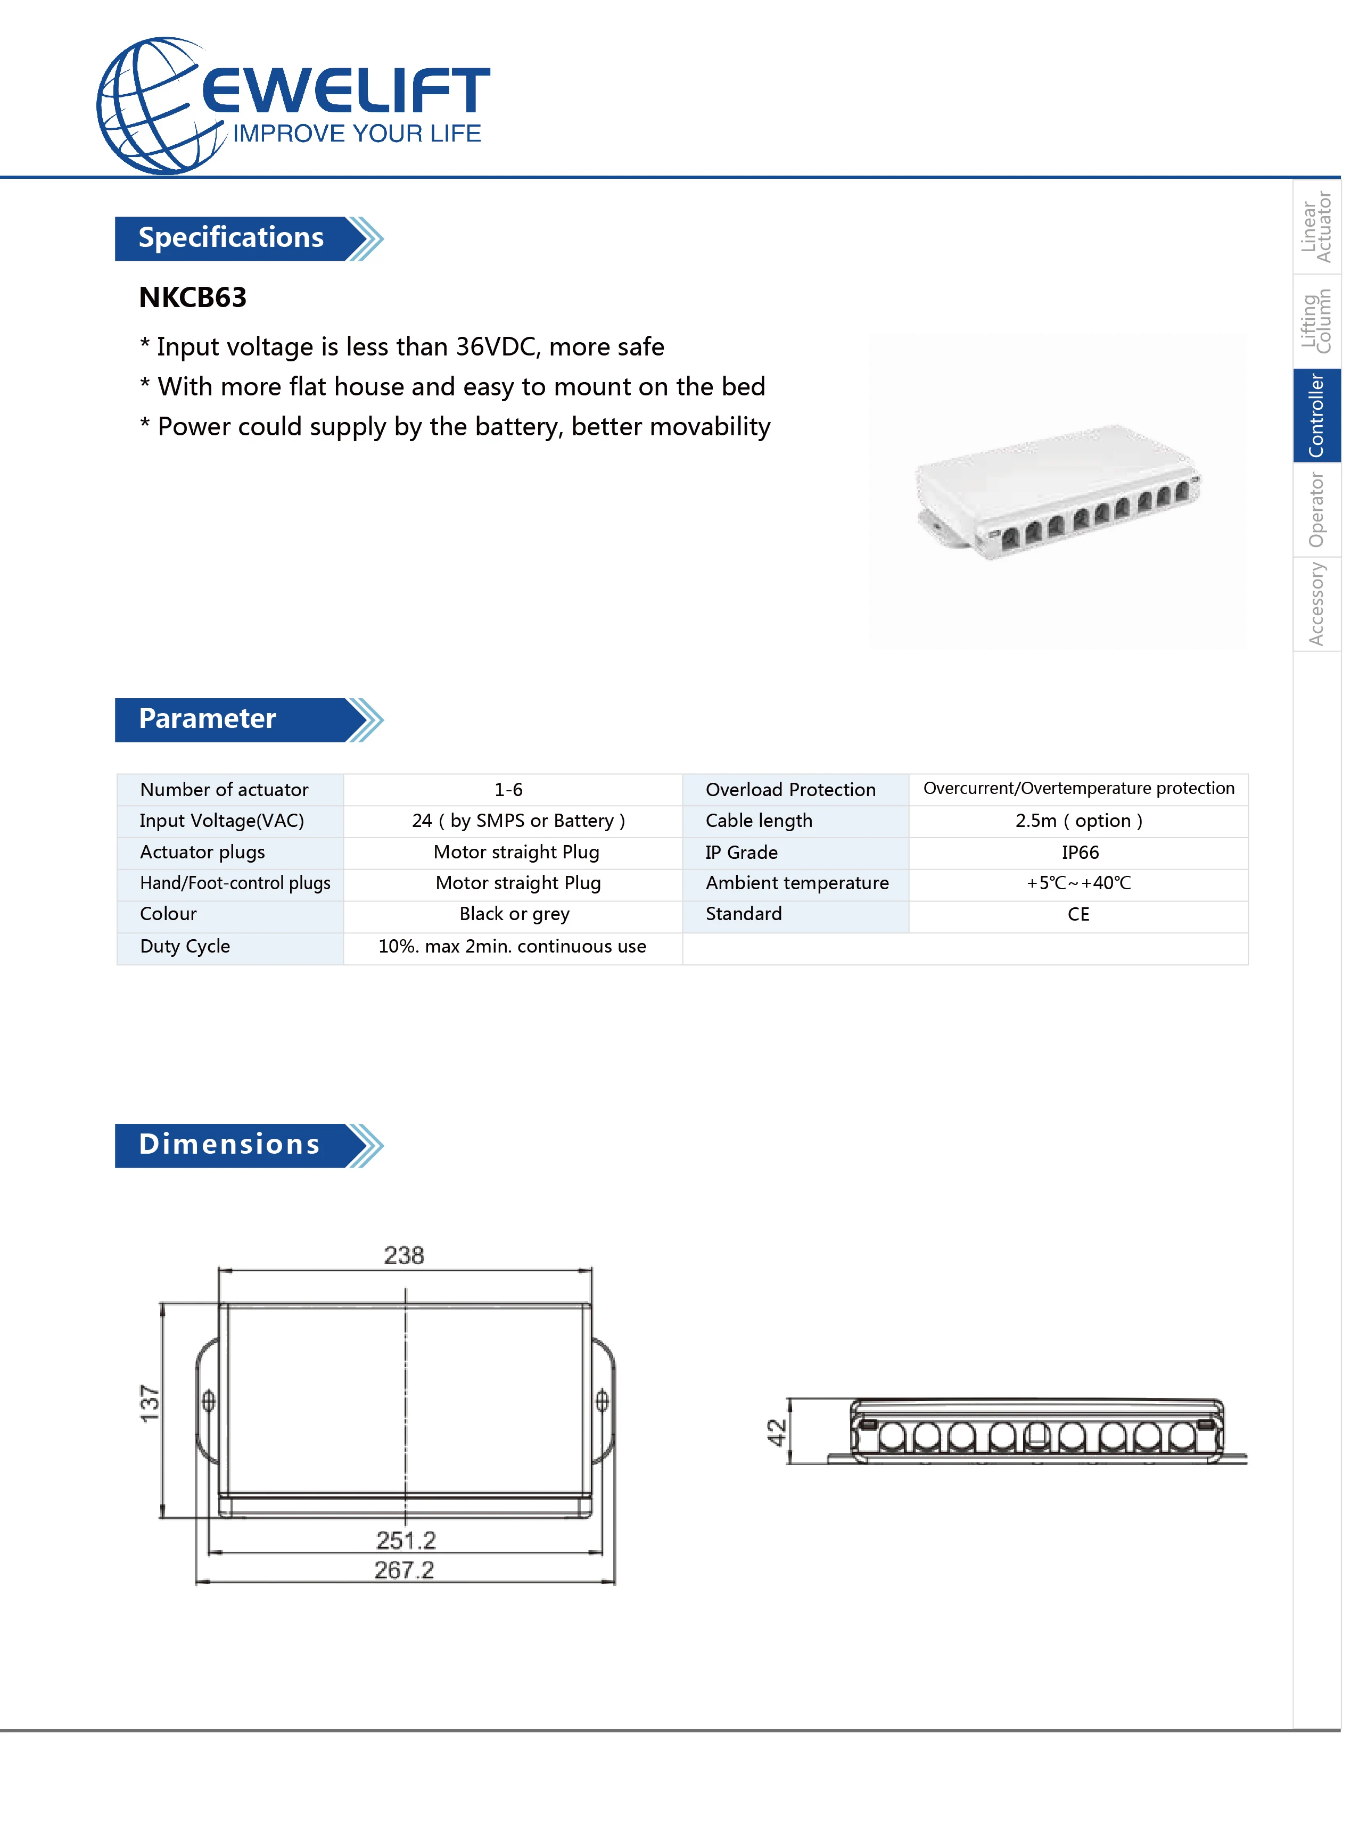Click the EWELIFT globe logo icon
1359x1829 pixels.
tap(157, 105)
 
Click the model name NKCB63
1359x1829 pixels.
tap(193, 297)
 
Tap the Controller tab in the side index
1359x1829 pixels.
tap(1316, 415)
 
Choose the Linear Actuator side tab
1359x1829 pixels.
tap(1316, 227)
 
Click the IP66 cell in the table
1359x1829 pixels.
tap(1080, 852)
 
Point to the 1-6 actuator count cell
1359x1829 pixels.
tap(508, 790)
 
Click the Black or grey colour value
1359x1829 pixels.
tap(514, 914)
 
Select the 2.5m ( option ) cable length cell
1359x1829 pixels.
tap(1078, 821)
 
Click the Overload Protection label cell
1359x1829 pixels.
tap(790, 790)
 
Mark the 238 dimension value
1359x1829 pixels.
tap(404, 1255)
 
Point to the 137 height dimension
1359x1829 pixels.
tap(150, 1403)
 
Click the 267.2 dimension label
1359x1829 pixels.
tap(404, 1569)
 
